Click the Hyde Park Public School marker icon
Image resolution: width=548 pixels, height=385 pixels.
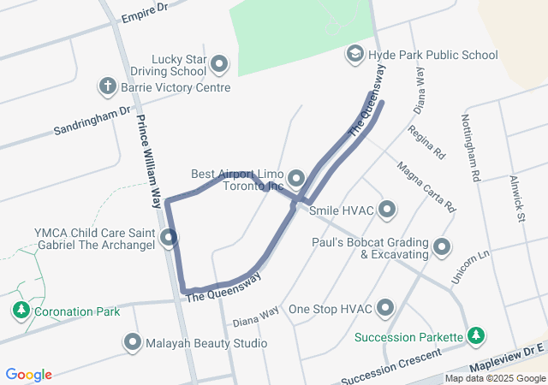(354, 55)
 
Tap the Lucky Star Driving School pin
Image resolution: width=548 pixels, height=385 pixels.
(220, 64)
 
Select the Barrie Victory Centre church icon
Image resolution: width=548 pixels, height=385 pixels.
(107, 86)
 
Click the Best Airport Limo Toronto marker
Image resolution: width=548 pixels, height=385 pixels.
(296, 179)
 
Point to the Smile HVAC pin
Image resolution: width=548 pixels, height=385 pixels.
(387, 209)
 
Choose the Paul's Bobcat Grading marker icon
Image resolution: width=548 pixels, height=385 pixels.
(442, 247)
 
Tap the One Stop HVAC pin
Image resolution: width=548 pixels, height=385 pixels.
(385, 308)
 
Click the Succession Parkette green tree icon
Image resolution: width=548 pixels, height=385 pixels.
(476, 336)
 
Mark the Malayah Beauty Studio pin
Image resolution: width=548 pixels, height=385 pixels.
(133, 343)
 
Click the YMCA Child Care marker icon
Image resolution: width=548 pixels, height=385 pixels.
(170, 238)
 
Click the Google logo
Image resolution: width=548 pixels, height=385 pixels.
(29, 374)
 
